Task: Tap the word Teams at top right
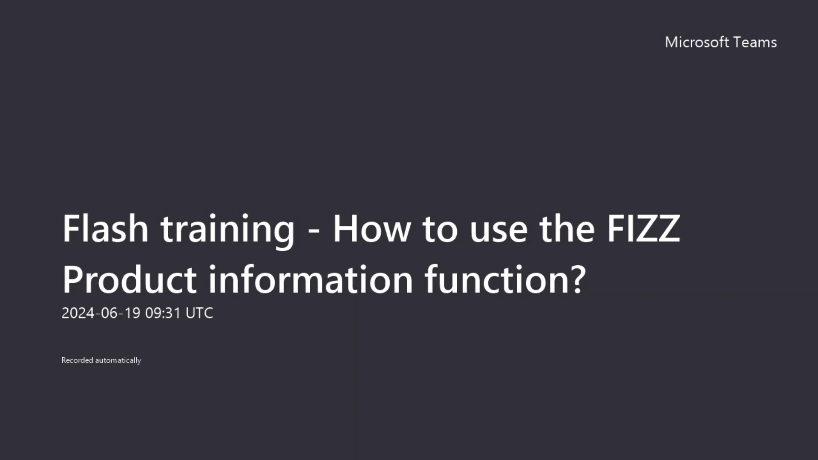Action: click(x=755, y=42)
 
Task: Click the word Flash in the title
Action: click(x=105, y=229)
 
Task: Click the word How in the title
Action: click(x=372, y=229)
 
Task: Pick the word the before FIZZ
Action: click(x=567, y=229)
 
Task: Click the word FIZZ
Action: click(x=643, y=229)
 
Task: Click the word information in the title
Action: click(x=311, y=280)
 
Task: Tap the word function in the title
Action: click(x=496, y=280)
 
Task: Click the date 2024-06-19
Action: click(x=101, y=313)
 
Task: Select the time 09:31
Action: click(x=163, y=313)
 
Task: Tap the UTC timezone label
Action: click(x=199, y=313)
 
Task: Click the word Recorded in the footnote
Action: click(x=77, y=360)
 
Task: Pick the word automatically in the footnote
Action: click(x=118, y=360)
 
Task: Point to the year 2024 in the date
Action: click(x=78, y=313)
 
